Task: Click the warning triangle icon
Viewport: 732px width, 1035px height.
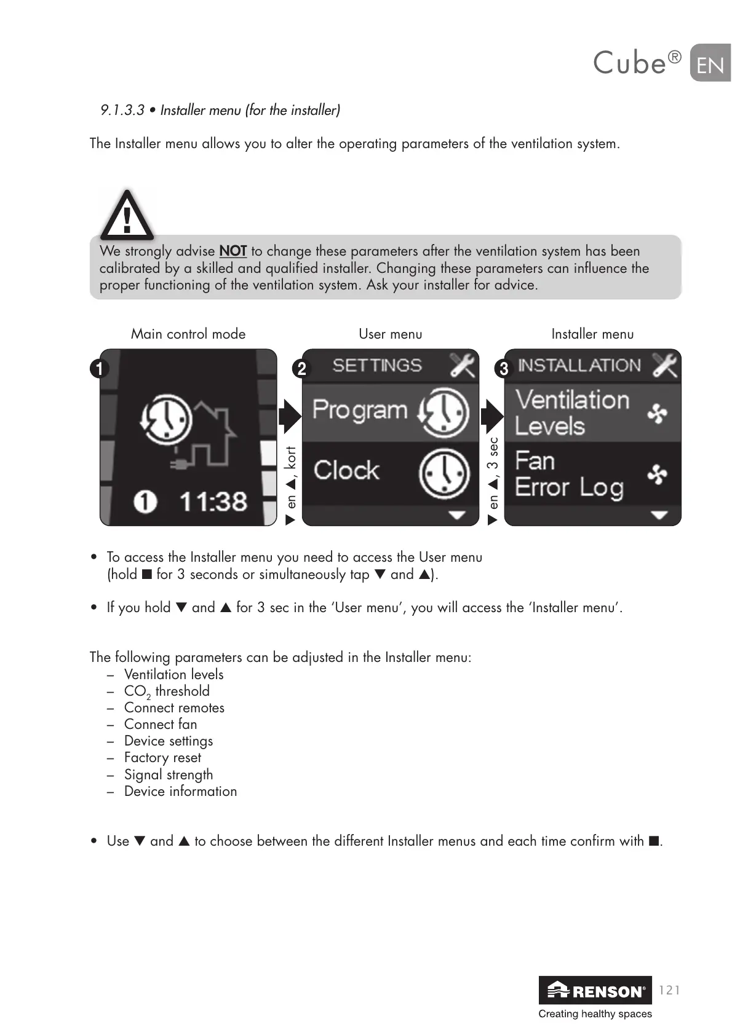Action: coord(127,215)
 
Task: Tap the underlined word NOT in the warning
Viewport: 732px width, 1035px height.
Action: coord(233,251)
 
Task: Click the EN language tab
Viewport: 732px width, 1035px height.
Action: coord(710,64)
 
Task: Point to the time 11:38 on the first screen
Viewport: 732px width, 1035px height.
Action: coord(213,502)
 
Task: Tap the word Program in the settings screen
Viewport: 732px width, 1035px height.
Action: coord(360,410)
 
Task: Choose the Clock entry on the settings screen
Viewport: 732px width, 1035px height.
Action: coord(347,471)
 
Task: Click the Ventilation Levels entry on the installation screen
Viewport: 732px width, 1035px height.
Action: coord(572,412)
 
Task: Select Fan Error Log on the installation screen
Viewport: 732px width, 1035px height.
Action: coord(569,474)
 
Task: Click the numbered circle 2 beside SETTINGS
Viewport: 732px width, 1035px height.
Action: coord(301,369)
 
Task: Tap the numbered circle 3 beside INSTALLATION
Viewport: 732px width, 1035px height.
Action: coord(504,369)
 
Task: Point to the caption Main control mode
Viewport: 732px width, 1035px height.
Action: coord(188,334)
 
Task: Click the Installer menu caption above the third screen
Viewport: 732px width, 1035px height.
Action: coord(592,334)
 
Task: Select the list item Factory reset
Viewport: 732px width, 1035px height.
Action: coord(162,758)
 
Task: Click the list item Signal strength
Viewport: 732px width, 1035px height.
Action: coord(169,774)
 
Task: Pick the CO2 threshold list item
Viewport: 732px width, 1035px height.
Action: coord(167,691)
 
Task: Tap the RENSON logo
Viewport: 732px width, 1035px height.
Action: coord(595,990)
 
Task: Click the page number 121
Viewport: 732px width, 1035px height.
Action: coord(669,990)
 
